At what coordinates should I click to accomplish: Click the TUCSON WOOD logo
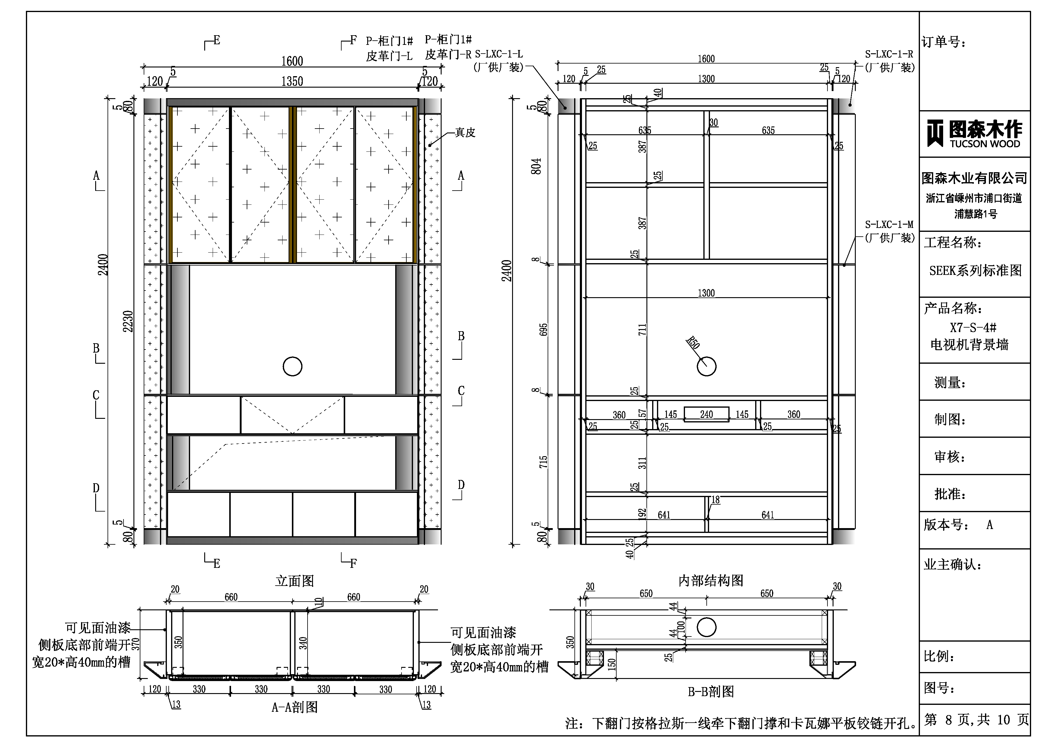[x=974, y=133]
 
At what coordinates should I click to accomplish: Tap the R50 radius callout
[x=693, y=343]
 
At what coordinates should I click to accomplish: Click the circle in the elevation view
[x=292, y=367]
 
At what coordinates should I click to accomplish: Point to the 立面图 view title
[x=295, y=581]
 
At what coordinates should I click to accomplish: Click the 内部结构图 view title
[x=711, y=580]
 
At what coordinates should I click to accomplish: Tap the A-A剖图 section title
[x=295, y=707]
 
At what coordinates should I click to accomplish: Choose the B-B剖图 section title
[x=711, y=691]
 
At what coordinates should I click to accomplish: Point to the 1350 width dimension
[x=292, y=82]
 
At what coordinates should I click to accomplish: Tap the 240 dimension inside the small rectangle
[x=706, y=414]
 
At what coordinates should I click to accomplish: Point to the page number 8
[x=948, y=720]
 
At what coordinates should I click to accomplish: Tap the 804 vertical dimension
[x=536, y=166]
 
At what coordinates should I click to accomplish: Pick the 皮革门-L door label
[x=389, y=56]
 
